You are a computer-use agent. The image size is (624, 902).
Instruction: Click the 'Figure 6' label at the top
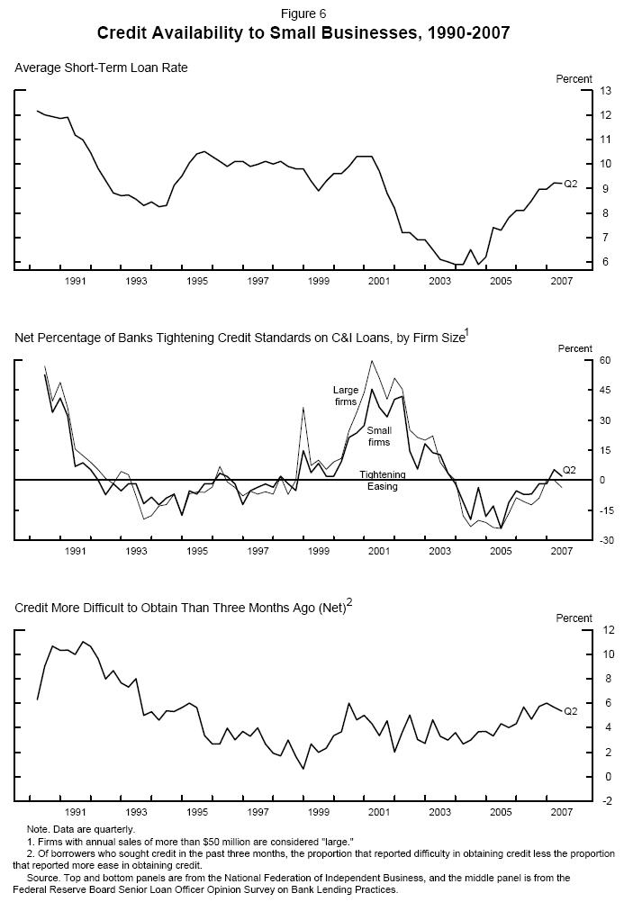point(303,14)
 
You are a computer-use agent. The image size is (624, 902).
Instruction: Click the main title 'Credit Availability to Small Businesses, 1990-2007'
point(303,33)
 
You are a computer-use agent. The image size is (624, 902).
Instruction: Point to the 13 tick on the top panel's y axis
point(582,91)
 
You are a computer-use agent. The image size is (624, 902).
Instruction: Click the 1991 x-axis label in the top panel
point(76,281)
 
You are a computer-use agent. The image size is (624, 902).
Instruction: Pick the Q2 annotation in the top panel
point(570,184)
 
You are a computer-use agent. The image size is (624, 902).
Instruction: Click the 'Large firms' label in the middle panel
point(347,395)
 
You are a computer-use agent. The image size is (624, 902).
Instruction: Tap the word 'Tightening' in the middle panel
point(383,474)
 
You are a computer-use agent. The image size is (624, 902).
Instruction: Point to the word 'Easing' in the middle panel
point(382,486)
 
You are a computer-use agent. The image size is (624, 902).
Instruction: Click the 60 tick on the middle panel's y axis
point(582,360)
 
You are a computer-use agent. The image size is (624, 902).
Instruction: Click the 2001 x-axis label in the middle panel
point(379,551)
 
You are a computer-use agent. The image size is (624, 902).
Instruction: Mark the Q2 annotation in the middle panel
point(569,470)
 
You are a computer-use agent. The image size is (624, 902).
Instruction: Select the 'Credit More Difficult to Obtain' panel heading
point(183,608)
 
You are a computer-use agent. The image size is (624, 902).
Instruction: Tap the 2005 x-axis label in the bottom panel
point(501,811)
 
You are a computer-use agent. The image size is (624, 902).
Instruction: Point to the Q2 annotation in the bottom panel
point(570,711)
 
